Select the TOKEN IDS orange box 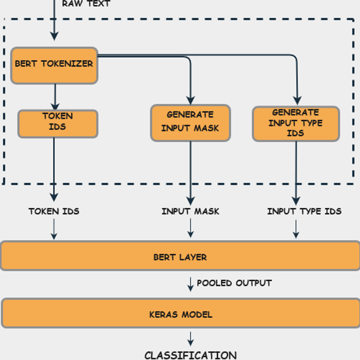58,124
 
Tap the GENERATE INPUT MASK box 190,123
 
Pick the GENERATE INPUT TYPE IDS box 296,124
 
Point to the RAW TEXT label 86,4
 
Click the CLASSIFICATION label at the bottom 190,355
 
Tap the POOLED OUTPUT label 234,283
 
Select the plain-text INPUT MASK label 190,211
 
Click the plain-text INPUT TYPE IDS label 304,211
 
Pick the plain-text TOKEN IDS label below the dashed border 54,211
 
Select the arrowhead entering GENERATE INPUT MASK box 190,100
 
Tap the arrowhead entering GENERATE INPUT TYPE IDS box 297,101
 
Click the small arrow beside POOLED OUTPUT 190,284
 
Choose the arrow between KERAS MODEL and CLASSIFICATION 190,339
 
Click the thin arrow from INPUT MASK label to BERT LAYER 190,229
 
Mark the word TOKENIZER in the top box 67,64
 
